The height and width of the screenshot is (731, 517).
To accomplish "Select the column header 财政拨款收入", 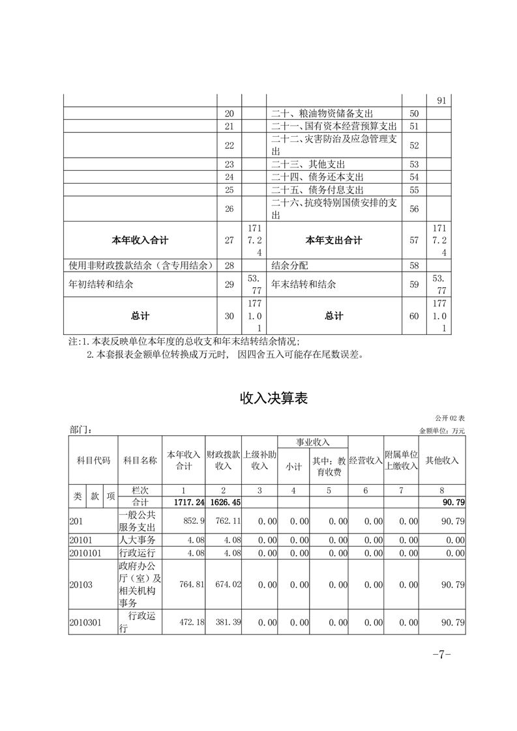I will [224, 460].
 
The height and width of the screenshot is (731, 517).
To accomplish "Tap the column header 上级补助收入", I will [260, 460].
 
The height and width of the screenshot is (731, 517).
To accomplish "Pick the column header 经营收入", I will [366, 460].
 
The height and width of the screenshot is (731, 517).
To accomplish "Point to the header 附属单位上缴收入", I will [401, 460].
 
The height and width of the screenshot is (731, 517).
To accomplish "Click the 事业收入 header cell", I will [313, 442].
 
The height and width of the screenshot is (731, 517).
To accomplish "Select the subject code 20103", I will [81, 585].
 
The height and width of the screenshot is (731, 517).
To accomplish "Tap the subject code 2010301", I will [86, 623].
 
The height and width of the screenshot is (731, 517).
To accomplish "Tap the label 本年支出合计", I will [333, 240].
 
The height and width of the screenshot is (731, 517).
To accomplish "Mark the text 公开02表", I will [450, 418].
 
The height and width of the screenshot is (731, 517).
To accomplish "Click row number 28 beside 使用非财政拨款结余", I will [228, 266].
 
